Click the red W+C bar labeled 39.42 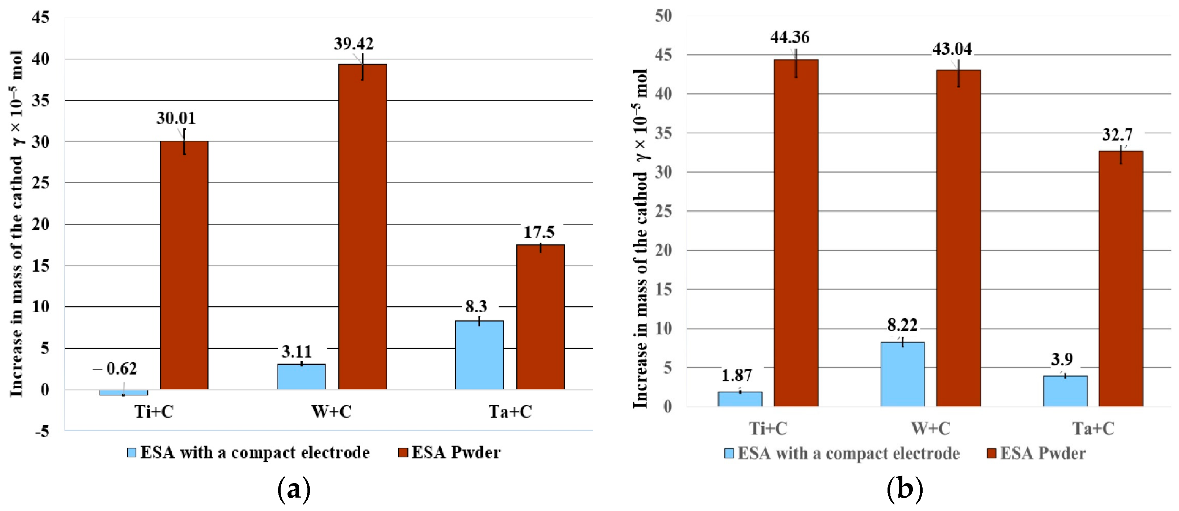[x=362, y=227]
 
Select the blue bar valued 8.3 [x=479, y=355]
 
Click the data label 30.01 [x=176, y=118]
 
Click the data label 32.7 [x=1117, y=135]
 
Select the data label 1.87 [x=737, y=376]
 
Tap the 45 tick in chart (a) [x=40, y=17]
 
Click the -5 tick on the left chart [x=42, y=431]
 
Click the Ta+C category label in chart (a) [x=510, y=412]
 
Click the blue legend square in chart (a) [x=131, y=452]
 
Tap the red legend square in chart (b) [x=991, y=453]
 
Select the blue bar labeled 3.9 [x=1065, y=391]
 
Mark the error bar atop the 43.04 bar [x=958, y=73]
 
